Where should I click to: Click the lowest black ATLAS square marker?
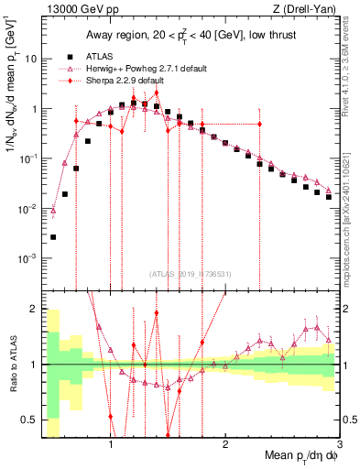[x=53, y=237]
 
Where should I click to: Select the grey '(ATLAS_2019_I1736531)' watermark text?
[x=191, y=273]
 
